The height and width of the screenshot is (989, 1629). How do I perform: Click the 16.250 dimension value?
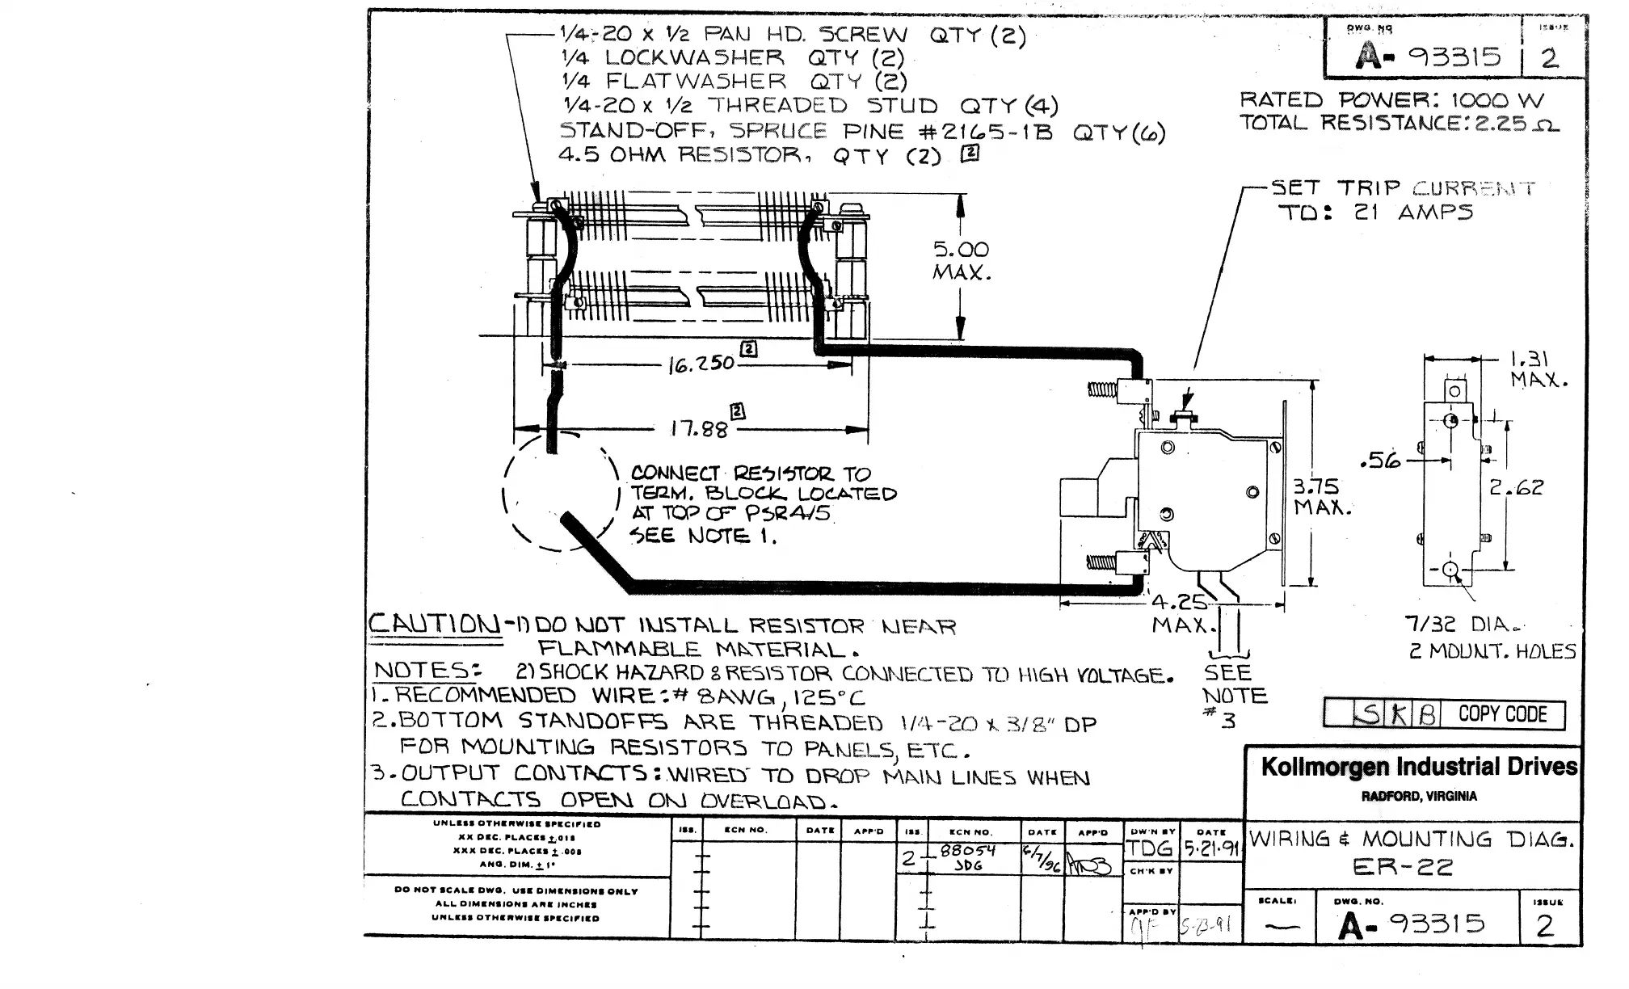pyautogui.click(x=701, y=364)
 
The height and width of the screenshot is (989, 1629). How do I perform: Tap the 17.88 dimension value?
pyautogui.click(x=699, y=427)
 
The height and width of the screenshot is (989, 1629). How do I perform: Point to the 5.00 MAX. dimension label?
pyautogui.click(x=962, y=261)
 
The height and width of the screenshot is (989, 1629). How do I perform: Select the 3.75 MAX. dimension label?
pyautogui.click(x=1322, y=497)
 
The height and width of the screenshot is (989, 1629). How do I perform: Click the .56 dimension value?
pyautogui.click(x=1380, y=461)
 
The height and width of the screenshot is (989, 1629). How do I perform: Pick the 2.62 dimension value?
pyautogui.click(x=1516, y=487)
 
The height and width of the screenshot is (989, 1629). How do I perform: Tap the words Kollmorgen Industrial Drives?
pyautogui.click(x=1419, y=767)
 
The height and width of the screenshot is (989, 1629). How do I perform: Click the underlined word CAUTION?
pyautogui.click(x=435, y=624)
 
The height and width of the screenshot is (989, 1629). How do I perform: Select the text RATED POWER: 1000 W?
pyautogui.click(x=1391, y=100)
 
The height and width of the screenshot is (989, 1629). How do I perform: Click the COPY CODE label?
pyautogui.click(x=1502, y=714)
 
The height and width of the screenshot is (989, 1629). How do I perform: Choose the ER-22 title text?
pyautogui.click(x=1402, y=867)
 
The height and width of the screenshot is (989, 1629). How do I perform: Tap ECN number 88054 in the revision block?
pyautogui.click(x=968, y=850)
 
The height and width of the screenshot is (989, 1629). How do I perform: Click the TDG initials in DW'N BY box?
pyautogui.click(x=1149, y=848)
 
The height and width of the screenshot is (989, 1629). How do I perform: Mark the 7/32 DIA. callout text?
pyautogui.click(x=1463, y=624)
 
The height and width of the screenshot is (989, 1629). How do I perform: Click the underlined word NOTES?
pyautogui.click(x=426, y=671)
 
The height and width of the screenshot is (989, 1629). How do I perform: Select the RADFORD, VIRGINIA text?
pyautogui.click(x=1419, y=797)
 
